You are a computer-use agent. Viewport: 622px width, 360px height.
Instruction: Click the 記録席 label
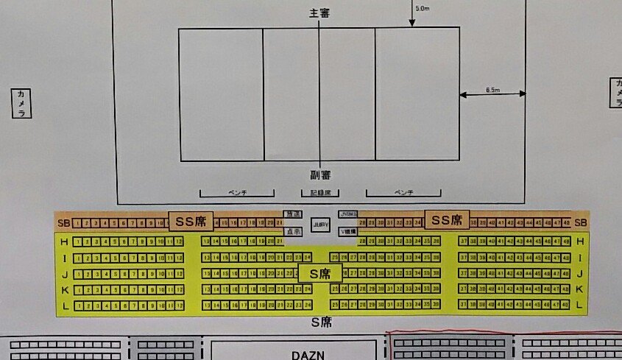tap(319, 193)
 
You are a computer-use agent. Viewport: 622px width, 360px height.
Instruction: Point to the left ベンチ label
tap(237, 193)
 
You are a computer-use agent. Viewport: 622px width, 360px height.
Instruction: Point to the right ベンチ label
tap(403, 193)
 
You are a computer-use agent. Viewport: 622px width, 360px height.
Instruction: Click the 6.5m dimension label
tap(492, 90)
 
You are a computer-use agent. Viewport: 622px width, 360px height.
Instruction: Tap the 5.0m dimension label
tap(422, 8)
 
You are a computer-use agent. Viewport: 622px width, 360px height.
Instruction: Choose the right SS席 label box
tap(445, 219)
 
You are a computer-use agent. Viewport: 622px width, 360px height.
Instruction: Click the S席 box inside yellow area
tap(319, 274)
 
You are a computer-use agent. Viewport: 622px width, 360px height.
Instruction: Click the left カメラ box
tap(21, 103)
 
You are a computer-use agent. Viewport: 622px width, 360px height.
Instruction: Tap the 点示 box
tap(292, 231)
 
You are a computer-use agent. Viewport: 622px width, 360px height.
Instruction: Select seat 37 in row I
tap(462, 258)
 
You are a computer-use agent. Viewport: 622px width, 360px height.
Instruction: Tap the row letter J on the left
tap(64, 273)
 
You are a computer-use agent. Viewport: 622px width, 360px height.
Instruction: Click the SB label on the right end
tap(580, 222)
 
